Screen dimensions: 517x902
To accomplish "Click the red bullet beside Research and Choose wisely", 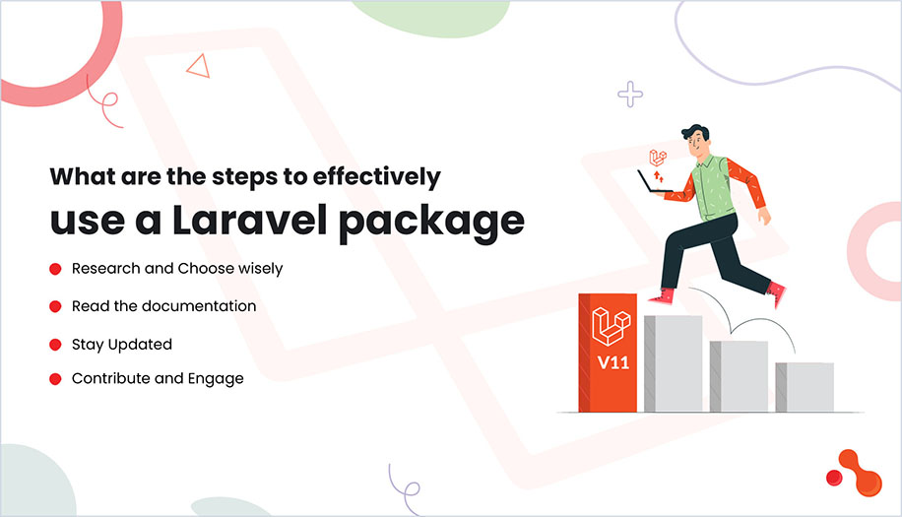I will pos(54,269).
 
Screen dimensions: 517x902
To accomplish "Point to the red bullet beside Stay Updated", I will pos(54,345).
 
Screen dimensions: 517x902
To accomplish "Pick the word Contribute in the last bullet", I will pos(108,378).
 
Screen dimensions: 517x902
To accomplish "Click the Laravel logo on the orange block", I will pos(611,324).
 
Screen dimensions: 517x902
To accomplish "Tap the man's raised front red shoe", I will pos(663,296).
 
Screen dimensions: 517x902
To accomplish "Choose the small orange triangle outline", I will pos(200,66).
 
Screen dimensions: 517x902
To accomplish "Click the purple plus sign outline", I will pos(630,95).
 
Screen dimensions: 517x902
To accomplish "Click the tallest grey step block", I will pos(675,362).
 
